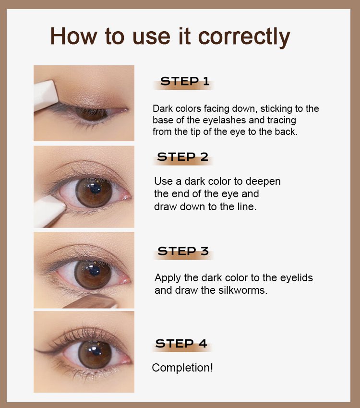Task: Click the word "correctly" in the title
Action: point(244,37)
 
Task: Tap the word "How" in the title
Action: point(73,36)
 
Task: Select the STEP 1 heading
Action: point(185,81)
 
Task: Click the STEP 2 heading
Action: point(182,156)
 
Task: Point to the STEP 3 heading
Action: point(183,251)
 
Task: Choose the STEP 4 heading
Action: point(181,344)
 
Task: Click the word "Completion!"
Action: point(182,368)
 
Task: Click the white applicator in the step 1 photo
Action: point(46,95)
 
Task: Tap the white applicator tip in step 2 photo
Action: point(49,211)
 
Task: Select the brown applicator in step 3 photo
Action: point(91,301)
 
